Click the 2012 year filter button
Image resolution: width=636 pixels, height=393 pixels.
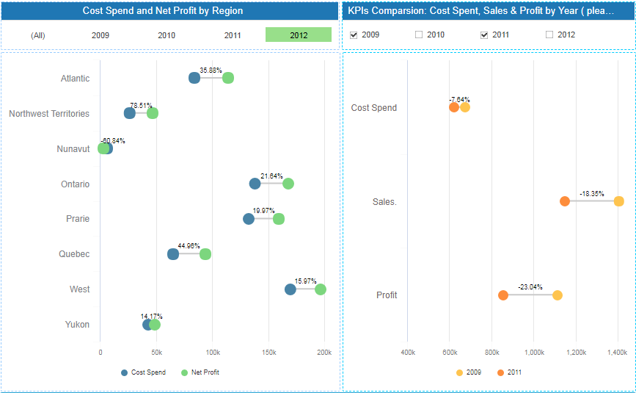299,35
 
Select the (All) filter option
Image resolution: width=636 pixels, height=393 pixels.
38,35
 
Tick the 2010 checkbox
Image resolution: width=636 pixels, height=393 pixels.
419,35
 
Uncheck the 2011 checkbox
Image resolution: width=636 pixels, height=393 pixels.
484,35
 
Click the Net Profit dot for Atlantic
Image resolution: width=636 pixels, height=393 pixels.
228,79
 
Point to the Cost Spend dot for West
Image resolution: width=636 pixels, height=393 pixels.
290,289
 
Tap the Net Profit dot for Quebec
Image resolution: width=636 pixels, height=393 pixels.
205,254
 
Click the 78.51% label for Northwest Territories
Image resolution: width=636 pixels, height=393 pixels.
141,106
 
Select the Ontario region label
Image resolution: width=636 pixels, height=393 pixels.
75,184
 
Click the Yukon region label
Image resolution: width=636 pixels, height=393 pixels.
77,325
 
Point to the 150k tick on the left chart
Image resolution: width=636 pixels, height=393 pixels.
268,353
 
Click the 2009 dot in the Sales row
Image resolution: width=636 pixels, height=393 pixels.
619,201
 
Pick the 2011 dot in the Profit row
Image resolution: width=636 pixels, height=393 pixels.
503,295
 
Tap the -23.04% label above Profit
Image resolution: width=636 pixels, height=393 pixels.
530,287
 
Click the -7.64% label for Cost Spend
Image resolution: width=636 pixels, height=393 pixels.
460,100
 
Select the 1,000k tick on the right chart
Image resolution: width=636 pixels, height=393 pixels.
534,353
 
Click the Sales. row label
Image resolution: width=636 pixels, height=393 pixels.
384,202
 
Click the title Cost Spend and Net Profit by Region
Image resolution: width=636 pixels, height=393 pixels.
163,11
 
